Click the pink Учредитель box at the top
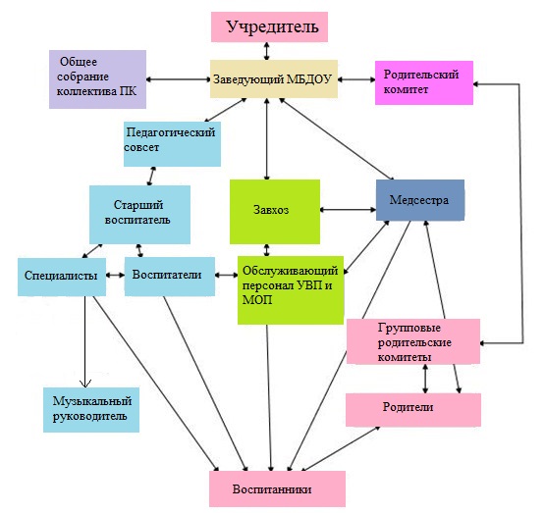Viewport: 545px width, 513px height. pos(269,26)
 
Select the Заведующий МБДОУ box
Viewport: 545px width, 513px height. pos(274,78)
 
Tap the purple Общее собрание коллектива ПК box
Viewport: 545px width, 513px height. pos(97,79)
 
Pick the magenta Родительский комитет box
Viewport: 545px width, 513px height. pos(424,82)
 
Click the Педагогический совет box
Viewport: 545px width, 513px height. pos(172,143)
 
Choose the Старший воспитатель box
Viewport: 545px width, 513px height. pos(139,215)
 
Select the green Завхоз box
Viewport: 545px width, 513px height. pos(275,211)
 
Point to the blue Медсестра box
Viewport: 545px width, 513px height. pos(420,200)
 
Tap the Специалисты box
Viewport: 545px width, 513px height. pos(62,277)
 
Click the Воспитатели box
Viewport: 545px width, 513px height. pos(170,277)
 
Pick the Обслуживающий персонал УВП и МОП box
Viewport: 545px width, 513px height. pos(291,290)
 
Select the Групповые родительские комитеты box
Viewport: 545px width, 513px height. pos(413,341)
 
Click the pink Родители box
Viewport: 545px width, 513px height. pos(413,410)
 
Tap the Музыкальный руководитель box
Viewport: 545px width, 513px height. pos(91,410)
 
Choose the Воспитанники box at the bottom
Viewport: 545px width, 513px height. pos(277,488)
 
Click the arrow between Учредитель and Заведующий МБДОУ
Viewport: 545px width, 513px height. pos(266,51)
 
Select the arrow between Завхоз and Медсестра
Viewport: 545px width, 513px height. pos(348,210)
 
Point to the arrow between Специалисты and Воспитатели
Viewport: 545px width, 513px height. pos(115,276)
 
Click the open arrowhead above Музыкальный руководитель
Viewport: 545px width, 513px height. pos(85,384)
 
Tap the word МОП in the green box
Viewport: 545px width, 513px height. pos(257,299)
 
